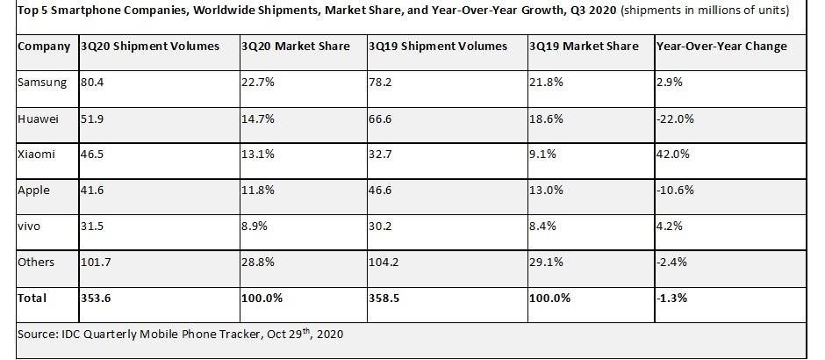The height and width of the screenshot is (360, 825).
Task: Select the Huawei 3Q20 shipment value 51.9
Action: [91, 118]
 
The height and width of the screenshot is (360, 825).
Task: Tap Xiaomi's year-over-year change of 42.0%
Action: [673, 154]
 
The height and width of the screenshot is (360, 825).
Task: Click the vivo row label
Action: [30, 225]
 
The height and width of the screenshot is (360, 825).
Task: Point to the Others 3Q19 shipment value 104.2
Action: [386, 262]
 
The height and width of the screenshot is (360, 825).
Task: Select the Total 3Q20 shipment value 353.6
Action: [96, 298]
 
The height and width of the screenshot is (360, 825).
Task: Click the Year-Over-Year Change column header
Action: [721, 46]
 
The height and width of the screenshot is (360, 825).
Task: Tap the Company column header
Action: [45, 46]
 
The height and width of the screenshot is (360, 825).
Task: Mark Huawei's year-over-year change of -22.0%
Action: [675, 118]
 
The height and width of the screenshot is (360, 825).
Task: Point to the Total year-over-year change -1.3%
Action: [672, 298]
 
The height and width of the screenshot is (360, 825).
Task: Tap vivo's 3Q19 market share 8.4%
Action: [544, 225]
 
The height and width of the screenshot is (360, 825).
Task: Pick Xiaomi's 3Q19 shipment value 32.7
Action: [382, 154]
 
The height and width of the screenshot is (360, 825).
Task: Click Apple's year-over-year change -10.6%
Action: [676, 189]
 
